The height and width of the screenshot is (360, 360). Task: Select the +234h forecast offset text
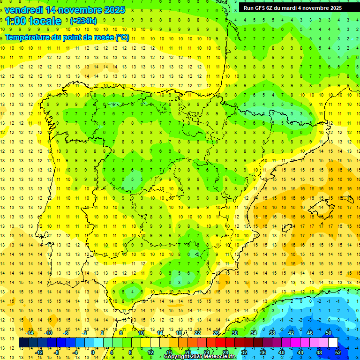tap(83, 21)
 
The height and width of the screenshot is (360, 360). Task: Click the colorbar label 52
tap(338, 352)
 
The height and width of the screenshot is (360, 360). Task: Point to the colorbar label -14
tap(30, 333)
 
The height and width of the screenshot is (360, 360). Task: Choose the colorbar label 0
tap(93, 352)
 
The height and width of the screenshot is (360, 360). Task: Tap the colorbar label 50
tap(329, 333)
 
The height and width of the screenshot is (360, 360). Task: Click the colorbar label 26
tap(216, 333)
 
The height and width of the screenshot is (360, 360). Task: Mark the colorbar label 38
tap(272, 333)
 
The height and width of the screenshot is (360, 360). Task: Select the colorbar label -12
tap(39, 352)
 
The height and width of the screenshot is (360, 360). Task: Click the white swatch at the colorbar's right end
tap(333, 343)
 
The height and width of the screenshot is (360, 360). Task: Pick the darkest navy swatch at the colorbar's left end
tap(23, 343)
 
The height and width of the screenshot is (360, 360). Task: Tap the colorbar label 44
tap(300, 352)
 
